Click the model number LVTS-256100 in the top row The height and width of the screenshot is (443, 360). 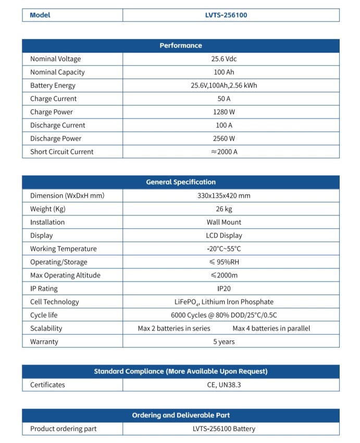[226, 15]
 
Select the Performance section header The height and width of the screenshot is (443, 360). [180, 46]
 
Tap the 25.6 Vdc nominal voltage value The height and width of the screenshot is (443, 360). [224, 59]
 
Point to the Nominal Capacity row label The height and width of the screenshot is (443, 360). [57, 72]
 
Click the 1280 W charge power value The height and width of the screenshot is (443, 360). [224, 112]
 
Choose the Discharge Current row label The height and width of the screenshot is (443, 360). [58, 126]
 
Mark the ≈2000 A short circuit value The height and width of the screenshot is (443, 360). [224, 152]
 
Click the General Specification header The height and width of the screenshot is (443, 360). [180, 182]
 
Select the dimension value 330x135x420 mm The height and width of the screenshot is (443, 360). [224, 196]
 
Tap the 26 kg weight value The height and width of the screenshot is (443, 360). [224, 209]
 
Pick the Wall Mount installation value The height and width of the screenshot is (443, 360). [224, 223]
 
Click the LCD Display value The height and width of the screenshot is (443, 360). [224, 236]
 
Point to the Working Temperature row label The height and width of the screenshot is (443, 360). [63, 249]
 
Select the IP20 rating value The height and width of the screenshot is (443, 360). [224, 289]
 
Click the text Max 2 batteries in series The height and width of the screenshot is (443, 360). [174, 328]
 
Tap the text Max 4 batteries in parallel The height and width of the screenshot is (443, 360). [271, 328]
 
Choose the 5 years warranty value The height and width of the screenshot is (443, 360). [224, 342]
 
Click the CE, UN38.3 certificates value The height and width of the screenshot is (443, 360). [224, 385]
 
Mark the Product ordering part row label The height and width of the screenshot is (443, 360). [63, 429]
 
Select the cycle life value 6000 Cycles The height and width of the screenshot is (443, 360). [224, 315]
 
